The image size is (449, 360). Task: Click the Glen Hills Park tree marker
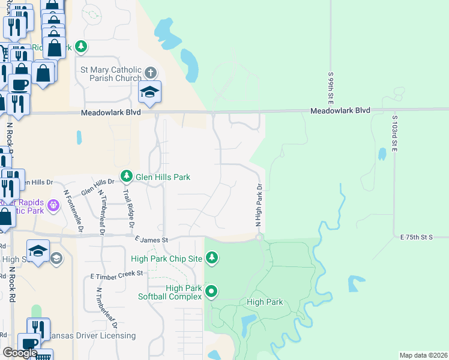click(x=126, y=176)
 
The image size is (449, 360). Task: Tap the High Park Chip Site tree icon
click(x=211, y=259)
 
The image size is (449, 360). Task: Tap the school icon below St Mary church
click(x=149, y=92)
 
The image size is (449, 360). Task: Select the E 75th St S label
click(x=417, y=238)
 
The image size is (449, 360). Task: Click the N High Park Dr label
click(x=260, y=205)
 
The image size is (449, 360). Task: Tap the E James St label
click(x=149, y=240)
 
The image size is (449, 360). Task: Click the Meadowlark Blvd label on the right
click(x=340, y=110)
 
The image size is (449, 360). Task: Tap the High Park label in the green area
click(x=265, y=302)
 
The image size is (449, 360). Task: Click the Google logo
click(x=20, y=353)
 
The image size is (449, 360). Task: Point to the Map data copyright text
click(x=423, y=355)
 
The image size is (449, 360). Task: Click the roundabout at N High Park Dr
click(x=259, y=238)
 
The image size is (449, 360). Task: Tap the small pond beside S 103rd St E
click(x=382, y=154)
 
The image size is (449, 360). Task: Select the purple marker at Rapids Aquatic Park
click(x=53, y=205)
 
